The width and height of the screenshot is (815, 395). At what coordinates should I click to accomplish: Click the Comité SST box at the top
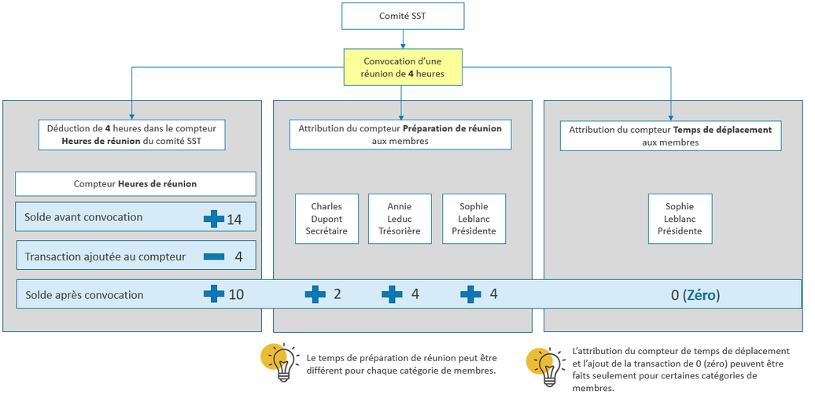(403, 16)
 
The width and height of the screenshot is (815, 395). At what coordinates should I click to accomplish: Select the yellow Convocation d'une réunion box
(403, 67)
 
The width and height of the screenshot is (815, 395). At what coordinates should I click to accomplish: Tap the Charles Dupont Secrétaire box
(326, 219)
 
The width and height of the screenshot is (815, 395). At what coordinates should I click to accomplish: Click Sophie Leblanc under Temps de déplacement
(680, 219)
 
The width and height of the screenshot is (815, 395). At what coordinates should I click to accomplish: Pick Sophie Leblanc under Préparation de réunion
(474, 219)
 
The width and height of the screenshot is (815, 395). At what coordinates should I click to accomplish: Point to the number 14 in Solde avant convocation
(234, 220)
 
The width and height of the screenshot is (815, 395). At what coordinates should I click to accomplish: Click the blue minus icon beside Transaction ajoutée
(213, 257)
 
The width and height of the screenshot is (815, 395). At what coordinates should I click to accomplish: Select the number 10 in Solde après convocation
(236, 294)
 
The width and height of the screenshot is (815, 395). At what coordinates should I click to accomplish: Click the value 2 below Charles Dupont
(337, 294)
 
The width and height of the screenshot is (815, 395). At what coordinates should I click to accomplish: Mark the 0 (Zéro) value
(695, 295)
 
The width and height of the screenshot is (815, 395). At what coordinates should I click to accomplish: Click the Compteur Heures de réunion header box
(135, 184)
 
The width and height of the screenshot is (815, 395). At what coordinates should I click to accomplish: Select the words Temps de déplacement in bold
(722, 130)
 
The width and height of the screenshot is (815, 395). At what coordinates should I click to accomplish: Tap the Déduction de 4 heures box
(132, 135)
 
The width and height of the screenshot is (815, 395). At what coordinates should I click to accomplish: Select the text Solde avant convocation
(83, 217)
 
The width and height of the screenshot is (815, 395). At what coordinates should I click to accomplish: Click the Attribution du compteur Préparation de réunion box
(400, 134)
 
